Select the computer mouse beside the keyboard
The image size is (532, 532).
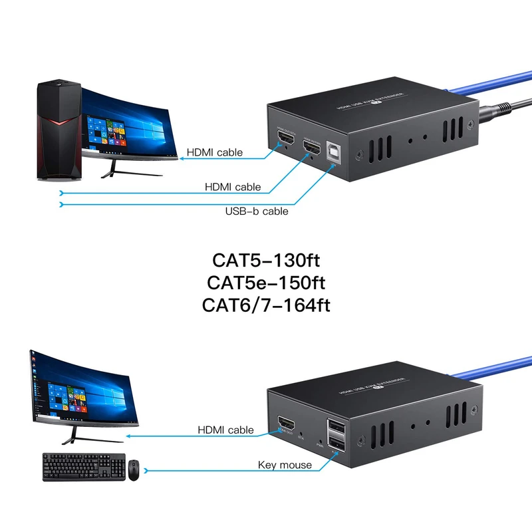pyautogui.click(x=134, y=470)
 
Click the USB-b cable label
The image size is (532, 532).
pyautogui.click(x=257, y=211)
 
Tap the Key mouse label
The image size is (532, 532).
pyautogui.click(x=285, y=465)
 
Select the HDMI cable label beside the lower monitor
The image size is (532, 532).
pyautogui.click(x=225, y=430)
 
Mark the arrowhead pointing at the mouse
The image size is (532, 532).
pyautogui.click(x=148, y=471)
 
